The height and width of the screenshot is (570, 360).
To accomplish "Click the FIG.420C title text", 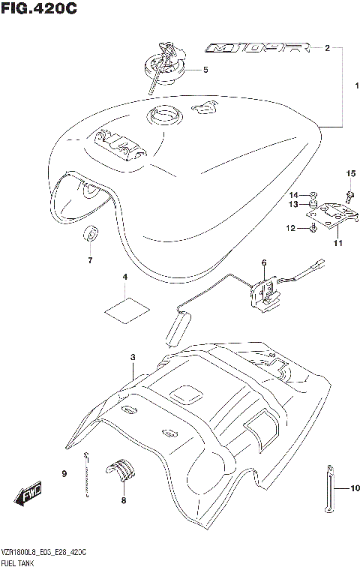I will [x=38, y=9].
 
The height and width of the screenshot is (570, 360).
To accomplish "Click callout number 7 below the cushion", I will [x=89, y=261].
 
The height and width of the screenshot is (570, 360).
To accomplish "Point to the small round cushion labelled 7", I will [x=90, y=233].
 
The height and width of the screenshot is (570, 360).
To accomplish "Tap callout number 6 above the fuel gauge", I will [x=264, y=262].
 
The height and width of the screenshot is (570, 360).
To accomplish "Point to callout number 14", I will [x=294, y=195].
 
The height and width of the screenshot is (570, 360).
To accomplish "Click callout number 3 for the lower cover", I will [x=132, y=357].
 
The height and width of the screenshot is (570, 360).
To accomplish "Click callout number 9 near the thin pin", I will [x=64, y=473].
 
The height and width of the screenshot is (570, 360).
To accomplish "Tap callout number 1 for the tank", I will [x=348, y=85].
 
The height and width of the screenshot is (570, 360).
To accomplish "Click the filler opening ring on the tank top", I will [x=163, y=116].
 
